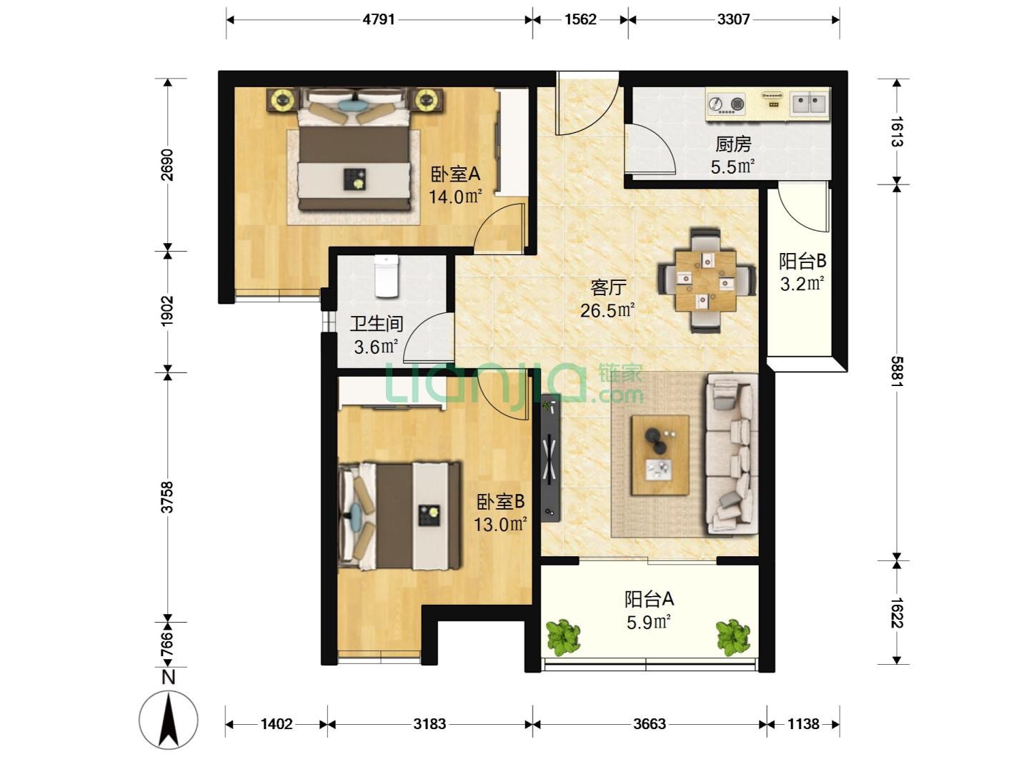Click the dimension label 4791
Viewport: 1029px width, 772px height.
(x=379, y=20)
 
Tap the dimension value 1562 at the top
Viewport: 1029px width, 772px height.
(x=580, y=20)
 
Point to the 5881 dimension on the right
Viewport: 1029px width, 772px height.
(x=897, y=371)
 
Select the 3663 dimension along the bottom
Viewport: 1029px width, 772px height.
(x=650, y=724)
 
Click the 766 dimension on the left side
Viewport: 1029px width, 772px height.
(x=167, y=645)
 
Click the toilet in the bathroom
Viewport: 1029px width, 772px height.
(x=387, y=276)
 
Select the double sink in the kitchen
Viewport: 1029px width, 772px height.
(x=810, y=103)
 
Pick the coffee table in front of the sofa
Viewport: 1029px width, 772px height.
(x=660, y=455)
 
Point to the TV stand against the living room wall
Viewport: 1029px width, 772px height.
(x=551, y=457)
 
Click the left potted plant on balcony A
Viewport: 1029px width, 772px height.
(x=564, y=636)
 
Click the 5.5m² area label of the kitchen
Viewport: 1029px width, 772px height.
(x=732, y=167)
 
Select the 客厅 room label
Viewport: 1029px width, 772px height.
(x=608, y=287)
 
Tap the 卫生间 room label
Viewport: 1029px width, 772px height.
(x=377, y=323)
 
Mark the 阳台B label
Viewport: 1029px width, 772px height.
(x=802, y=261)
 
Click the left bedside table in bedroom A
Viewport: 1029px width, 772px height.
(x=283, y=99)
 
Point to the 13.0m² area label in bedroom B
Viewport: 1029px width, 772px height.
(x=500, y=524)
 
